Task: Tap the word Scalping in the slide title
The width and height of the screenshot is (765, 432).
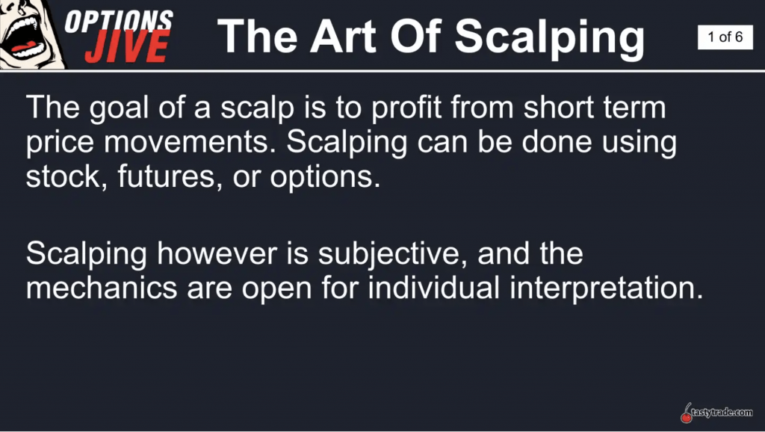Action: coord(549,39)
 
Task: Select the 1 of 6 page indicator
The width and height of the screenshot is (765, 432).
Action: coord(725,37)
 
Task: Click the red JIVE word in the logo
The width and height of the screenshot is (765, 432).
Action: coord(128,46)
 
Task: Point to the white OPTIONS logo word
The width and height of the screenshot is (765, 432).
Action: coord(119,20)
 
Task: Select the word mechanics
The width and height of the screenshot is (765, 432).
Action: coord(102,288)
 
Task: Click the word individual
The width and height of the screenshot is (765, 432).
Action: coord(434,288)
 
